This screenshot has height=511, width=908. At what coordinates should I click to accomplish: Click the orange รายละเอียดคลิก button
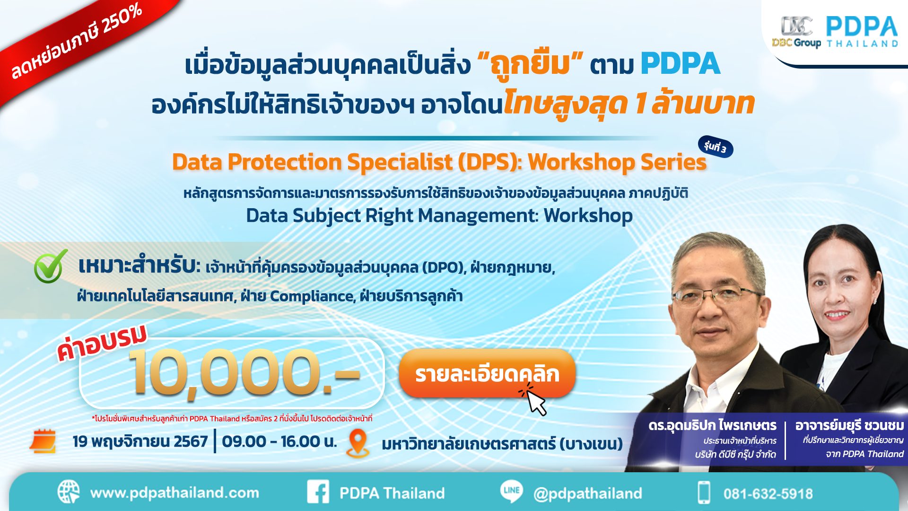[x=487, y=374]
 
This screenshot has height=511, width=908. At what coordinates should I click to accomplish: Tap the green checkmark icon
[x=50, y=266]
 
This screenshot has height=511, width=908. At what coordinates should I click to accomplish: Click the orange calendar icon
[x=43, y=441]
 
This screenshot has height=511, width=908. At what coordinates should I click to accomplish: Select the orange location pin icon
[x=358, y=443]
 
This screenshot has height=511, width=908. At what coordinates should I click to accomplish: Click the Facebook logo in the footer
[x=318, y=492]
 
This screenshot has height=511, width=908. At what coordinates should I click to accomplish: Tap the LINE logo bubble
[x=512, y=491]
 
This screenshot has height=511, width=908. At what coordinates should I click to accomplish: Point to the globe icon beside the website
[x=69, y=492]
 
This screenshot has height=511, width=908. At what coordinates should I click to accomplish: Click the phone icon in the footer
[x=704, y=493]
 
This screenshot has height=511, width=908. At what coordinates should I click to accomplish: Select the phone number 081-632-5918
[x=768, y=494]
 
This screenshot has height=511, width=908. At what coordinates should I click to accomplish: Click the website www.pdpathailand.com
[x=175, y=493]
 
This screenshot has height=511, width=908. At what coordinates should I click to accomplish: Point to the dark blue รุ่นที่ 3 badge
[x=715, y=147]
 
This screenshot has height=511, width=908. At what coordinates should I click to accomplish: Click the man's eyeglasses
[x=719, y=296]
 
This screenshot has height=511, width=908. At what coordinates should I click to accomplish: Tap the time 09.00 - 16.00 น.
[x=279, y=441]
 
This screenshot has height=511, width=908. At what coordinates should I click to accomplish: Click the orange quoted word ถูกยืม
[x=531, y=65]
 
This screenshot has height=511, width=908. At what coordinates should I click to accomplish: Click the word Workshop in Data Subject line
[x=588, y=216]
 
